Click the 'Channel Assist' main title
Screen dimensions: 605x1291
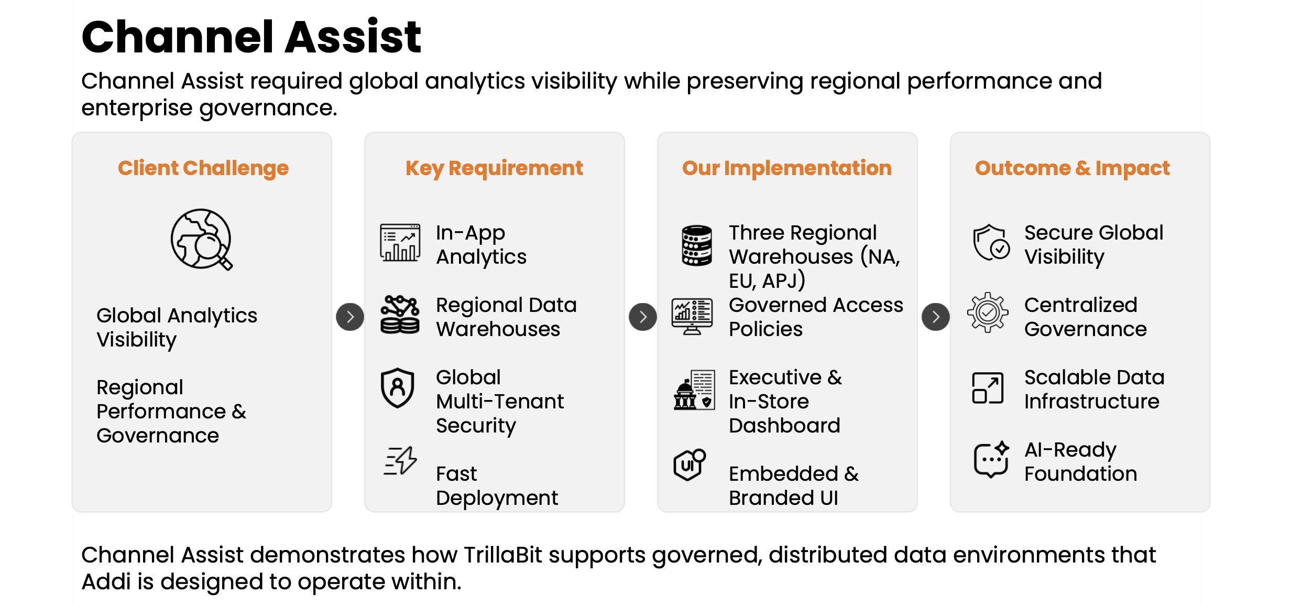(251, 37)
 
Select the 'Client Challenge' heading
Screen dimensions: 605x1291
(203, 168)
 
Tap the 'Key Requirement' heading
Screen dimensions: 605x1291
(494, 168)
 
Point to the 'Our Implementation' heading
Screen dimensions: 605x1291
(786, 168)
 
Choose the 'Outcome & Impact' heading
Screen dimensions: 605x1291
(1072, 168)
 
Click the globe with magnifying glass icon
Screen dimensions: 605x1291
(202, 240)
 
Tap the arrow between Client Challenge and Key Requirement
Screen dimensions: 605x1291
(350, 317)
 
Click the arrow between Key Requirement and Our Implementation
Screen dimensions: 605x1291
(642, 317)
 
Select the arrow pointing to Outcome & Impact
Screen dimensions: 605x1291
(935, 317)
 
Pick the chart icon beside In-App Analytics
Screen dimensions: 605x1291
(400, 243)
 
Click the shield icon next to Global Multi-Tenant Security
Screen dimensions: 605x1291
(398, 388)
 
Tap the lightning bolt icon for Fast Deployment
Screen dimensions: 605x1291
(401, 461)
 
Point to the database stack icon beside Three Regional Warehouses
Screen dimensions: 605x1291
(696, 245)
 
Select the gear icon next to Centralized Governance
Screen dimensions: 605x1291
(988, 312)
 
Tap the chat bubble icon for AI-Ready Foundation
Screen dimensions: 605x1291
(991, 459)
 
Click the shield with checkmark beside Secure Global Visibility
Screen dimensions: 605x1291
(991, 243)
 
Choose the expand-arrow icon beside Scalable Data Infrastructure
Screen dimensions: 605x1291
(988, 388)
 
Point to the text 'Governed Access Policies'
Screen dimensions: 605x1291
(816, 317)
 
